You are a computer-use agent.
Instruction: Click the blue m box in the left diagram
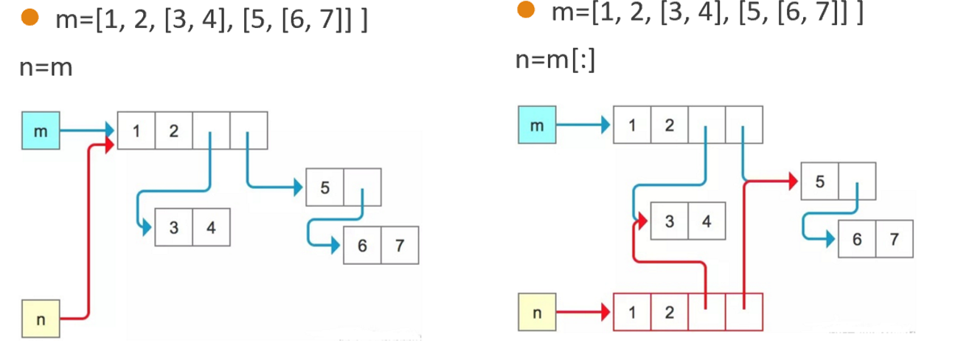41,131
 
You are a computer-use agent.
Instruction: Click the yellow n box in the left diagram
41,319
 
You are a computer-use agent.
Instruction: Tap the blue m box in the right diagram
536,125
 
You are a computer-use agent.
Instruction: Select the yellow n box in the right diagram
536,312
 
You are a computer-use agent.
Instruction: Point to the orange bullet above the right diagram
525,10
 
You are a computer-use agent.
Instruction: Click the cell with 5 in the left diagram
324,187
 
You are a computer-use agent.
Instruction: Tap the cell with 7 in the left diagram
399,246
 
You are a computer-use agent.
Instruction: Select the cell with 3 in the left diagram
173,228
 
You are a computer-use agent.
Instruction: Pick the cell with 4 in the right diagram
706,221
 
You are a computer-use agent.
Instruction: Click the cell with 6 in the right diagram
857,239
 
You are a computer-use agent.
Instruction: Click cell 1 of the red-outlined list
632,312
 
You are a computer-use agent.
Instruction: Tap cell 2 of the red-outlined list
669,312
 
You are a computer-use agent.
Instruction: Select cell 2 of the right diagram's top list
669,125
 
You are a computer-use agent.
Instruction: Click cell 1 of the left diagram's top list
136,131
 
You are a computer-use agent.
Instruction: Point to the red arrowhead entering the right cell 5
794,179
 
